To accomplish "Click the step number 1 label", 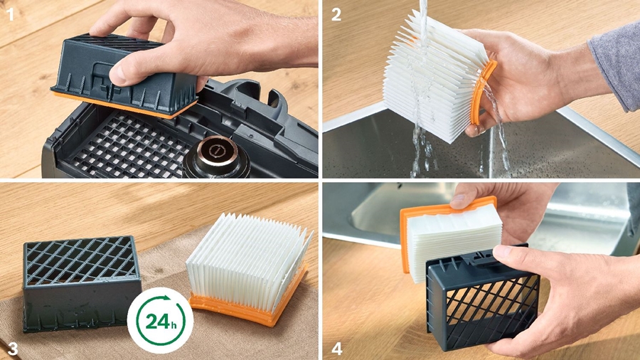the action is [10, 14].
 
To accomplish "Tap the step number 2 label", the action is [336, 14].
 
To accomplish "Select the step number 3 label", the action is [12, 349].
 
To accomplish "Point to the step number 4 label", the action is [337, 349].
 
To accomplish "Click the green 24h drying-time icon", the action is [161, 320].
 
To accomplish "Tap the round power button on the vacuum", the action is [215, 152].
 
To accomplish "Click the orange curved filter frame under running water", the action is [481, 92].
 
